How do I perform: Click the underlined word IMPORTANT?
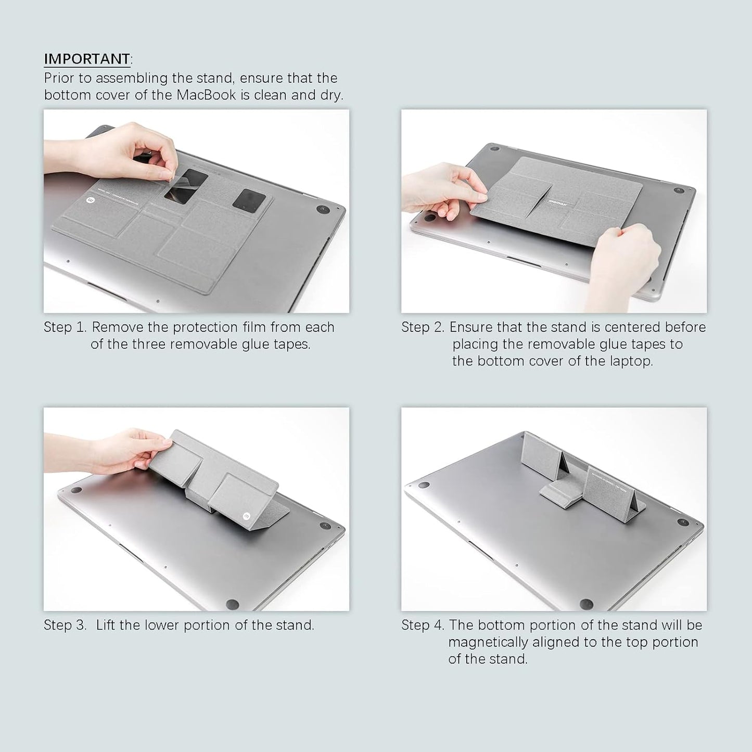coord(87,59)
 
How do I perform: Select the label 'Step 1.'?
coord(65,327)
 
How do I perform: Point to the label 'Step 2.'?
coord(422,327)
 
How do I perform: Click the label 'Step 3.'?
coord(65,625)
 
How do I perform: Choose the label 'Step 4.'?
coord(422,625)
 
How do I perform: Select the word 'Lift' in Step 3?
coord(106,625)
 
